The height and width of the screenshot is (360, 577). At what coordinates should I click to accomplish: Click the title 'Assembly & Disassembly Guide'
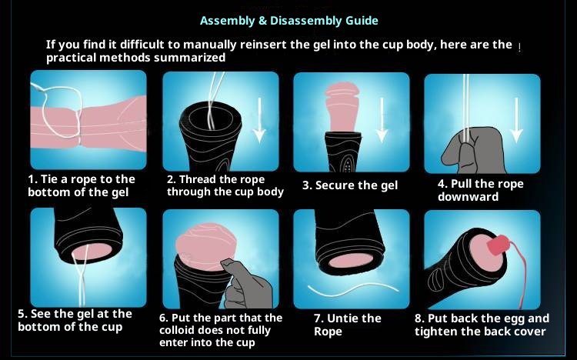288,21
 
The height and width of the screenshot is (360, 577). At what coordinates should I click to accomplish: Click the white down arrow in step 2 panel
259,120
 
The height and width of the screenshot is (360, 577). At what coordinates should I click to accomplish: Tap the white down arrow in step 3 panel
382,120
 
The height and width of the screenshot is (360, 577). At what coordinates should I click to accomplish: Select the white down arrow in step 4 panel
516,120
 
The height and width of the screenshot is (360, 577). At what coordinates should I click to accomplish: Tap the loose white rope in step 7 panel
352,290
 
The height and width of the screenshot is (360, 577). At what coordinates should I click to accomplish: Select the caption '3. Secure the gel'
350,185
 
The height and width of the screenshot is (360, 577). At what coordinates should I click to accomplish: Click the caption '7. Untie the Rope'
347,325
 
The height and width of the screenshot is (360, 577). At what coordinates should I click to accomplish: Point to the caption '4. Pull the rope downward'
480,190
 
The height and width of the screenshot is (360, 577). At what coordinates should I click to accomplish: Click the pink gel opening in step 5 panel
92,251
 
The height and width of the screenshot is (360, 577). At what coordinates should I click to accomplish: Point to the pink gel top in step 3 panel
342,107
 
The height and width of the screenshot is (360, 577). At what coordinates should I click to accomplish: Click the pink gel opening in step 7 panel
350,262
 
